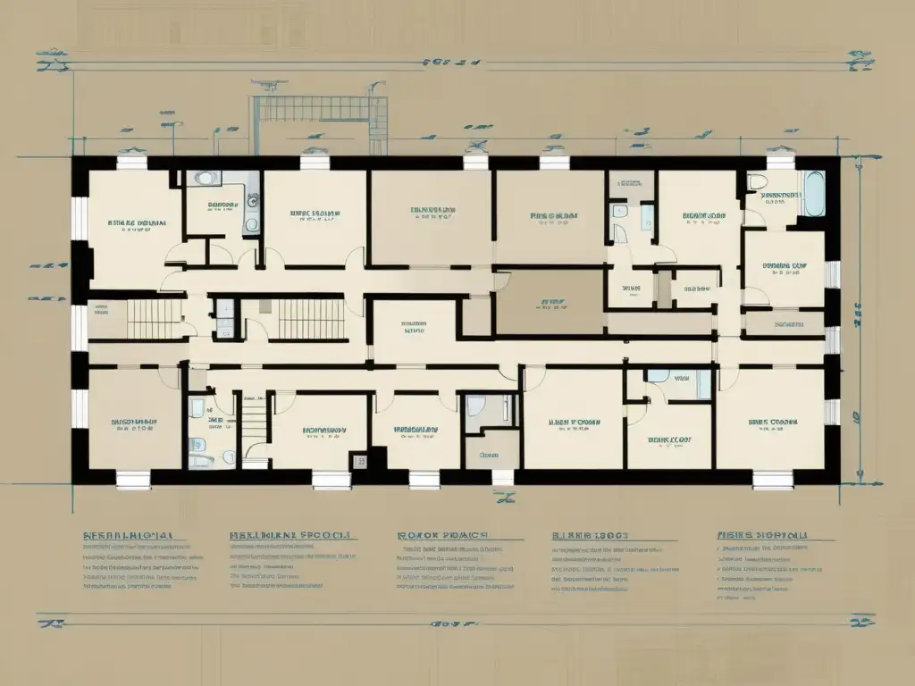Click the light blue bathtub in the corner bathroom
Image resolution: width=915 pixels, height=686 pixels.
click(x=813, y=194)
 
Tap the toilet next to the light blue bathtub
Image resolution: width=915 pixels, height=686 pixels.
click(x=758, y=182)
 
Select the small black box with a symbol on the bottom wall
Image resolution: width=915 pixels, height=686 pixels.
click(x=361, y=462)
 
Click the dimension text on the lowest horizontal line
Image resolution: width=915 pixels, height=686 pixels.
click(x=447, y=622)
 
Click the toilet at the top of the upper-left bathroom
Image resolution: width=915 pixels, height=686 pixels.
click(x=207, y=179)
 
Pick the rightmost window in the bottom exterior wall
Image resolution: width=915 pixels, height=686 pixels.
click(x=772, y=480)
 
